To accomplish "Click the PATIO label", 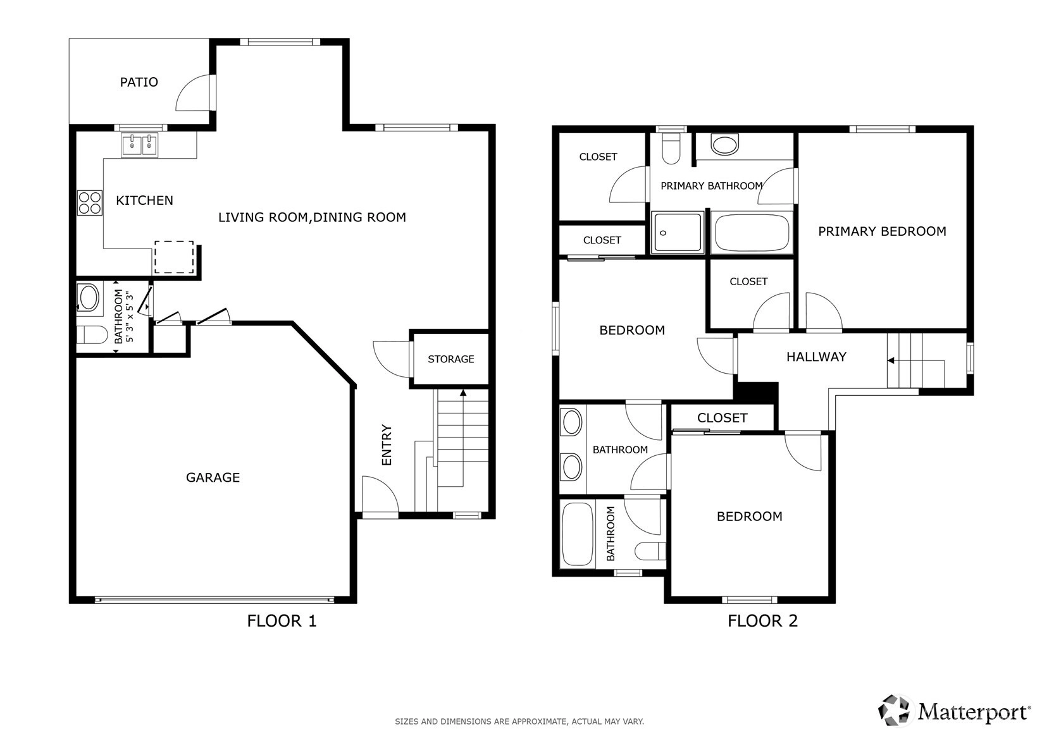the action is [x=139, y=82].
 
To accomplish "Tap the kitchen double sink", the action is [x=140, y=145].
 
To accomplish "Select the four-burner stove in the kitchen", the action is [x=90, y=203].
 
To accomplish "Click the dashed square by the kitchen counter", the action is [x=174, y=257].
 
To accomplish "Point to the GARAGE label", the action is [x=213, y=477].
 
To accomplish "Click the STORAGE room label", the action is [x=450, y=359].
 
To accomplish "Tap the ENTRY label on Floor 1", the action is [x=387, y=445].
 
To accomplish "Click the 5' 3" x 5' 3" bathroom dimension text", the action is [x=130, y=317].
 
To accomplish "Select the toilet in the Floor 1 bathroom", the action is [x=92, y=334].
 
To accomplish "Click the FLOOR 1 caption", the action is [x=282, y=621].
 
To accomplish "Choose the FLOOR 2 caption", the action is [x=762, y=621].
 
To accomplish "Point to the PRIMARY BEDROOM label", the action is [x=882, y=231].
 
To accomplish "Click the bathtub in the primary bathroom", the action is [x=752, y=233].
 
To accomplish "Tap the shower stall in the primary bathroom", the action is [x=678, y=233].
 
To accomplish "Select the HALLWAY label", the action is [x=816, y=357].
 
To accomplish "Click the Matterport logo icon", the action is [x=893, y=711].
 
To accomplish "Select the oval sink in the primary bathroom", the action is [x=725, y=145].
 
